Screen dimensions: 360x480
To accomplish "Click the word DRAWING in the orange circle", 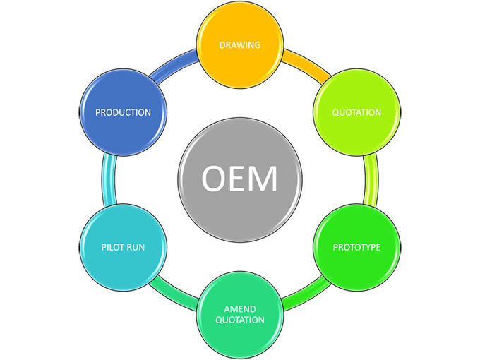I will coord(239,45).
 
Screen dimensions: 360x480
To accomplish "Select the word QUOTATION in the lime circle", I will coord(356,112).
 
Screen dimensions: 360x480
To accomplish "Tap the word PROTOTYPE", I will coord(356,247).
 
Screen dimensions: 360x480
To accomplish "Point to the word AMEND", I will coord(239,309).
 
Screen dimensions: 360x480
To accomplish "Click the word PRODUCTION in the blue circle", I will coord(123,112).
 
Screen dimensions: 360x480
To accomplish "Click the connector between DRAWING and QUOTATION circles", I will coord(308,65).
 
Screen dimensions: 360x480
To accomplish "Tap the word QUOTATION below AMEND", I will coord(239,320).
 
